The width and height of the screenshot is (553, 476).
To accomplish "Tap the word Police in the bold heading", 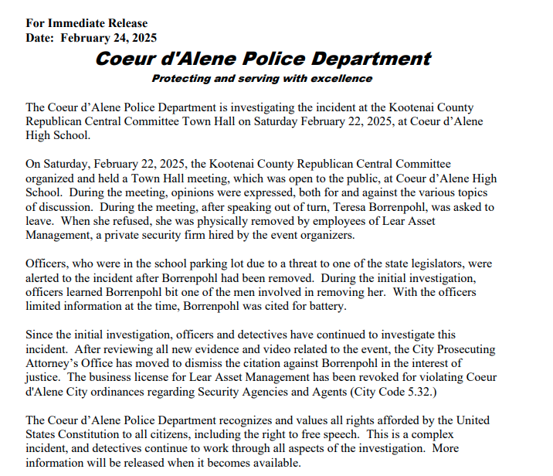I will point(252,59).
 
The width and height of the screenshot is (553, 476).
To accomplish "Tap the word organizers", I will point(327,236).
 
